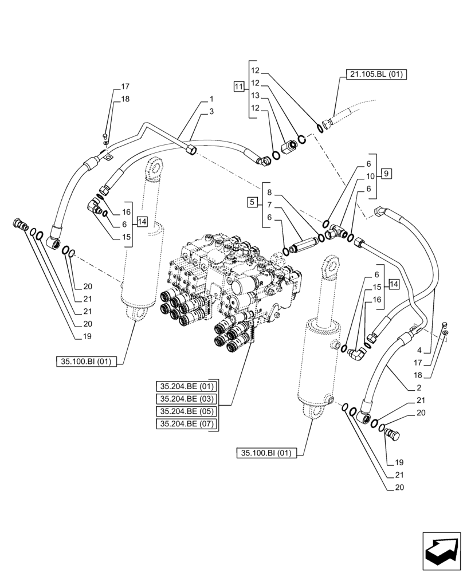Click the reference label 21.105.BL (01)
pos(375,74)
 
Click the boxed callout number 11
pos(238,87)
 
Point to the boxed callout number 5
pos(252,202)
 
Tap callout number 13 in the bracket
pos(256,96)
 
